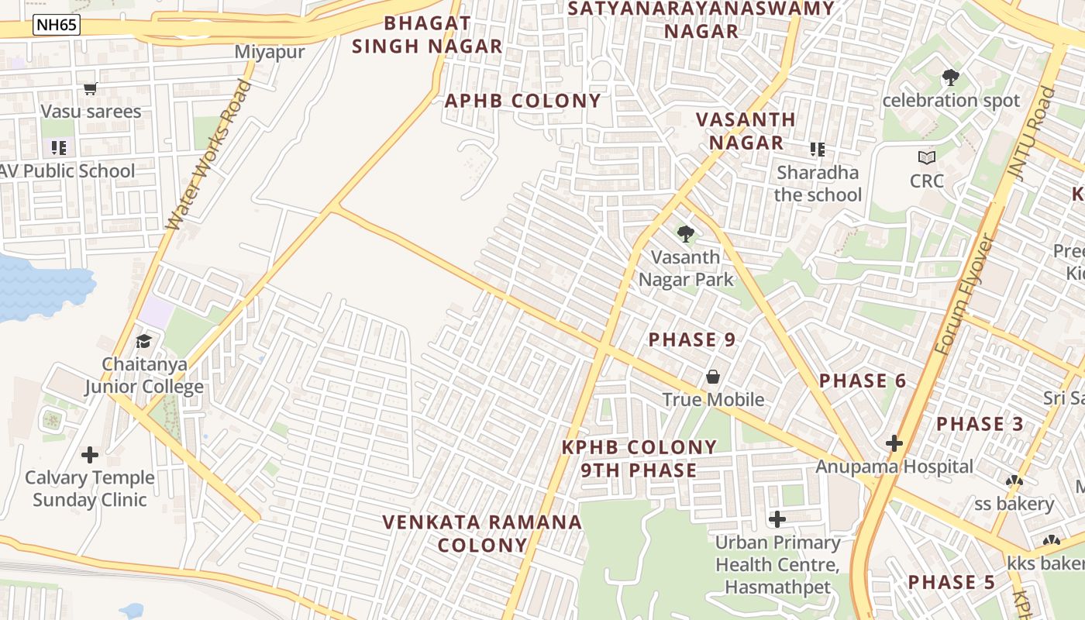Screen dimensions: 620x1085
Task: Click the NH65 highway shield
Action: [57, 25]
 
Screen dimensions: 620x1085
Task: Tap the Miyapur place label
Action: [270, 52]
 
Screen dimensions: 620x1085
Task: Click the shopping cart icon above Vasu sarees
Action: [91, 89]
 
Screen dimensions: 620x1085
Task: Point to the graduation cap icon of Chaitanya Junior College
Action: [144, 341]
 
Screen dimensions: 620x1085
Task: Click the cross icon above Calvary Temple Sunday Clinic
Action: [90, 454]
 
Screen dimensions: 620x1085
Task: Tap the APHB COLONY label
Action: [523, 101]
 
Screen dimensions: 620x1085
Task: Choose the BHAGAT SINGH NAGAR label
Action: [428, 34]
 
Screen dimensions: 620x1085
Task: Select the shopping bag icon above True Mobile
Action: [712, 377]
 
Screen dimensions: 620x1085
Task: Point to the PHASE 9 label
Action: [692, 339]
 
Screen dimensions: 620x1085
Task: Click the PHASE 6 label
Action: [863, 381]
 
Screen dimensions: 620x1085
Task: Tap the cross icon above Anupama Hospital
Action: [894, 443]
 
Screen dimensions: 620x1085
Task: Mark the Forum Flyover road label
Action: [963, 295]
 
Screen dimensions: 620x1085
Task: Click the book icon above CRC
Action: [927, 158]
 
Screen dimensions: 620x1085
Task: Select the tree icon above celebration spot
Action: [950, 77]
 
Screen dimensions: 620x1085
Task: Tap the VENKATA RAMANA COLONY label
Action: [482, 533]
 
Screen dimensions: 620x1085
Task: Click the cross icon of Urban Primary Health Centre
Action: [777, 518]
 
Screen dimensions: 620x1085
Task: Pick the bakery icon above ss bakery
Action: [1014, 481]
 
